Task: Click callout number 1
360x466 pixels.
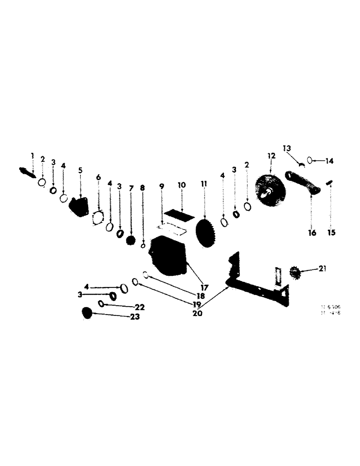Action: coord(33,155)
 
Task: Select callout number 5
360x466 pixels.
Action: coord(80,170)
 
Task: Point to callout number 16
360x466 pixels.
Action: coord(312,233)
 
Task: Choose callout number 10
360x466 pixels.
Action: coord(181,185)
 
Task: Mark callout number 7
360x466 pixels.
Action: coord(132,188)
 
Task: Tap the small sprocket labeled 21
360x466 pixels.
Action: coord(295,271)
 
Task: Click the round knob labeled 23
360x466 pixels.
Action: coord(87,313)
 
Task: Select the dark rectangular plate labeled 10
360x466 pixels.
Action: coord(177,215)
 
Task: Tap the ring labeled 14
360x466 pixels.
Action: coord(310,161)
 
